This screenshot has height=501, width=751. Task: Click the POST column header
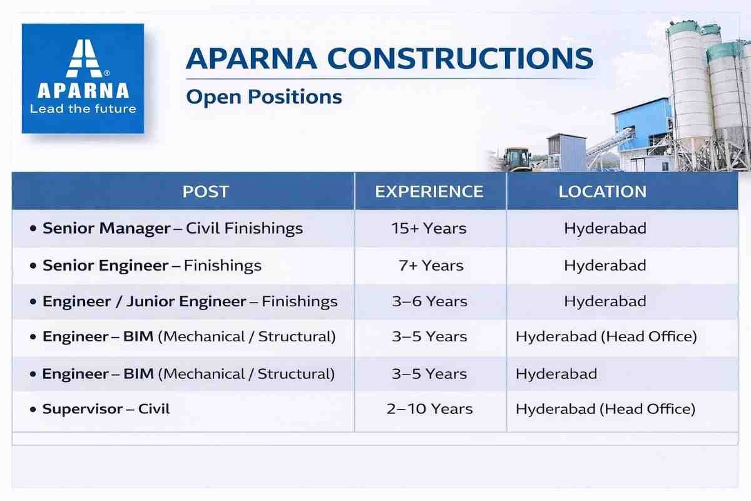(x=205, y=192)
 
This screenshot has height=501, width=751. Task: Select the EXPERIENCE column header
(x=429, y=192)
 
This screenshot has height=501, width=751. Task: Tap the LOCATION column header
(x=602, y=192)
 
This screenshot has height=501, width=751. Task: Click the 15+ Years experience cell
(x=429, y=229)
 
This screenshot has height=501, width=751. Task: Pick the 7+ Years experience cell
(x=431, y=266)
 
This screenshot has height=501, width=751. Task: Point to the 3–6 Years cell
(x=429, y=301)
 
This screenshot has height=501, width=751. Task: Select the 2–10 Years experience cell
(x=429, y=409)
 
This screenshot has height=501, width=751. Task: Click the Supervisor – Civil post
(x=106, y=409)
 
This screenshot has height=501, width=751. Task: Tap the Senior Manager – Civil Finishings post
(x=173, y=229)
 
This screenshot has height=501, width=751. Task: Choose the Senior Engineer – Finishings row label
(x=152, y=266)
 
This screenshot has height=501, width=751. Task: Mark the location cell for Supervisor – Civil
(x=606, y=409)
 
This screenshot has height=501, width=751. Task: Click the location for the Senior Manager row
(x=605, y=229)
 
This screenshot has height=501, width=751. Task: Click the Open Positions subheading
(x=264, y=97)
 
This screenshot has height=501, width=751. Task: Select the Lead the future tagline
(x=83, y=109)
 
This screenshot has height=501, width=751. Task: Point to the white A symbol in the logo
(x=84, y=58)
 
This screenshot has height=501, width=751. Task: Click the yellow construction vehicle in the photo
(x=517, y=159)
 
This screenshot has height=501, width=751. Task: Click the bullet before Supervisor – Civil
(x=33, y=410)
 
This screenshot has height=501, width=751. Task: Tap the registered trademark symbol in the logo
(x=106, y=73)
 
